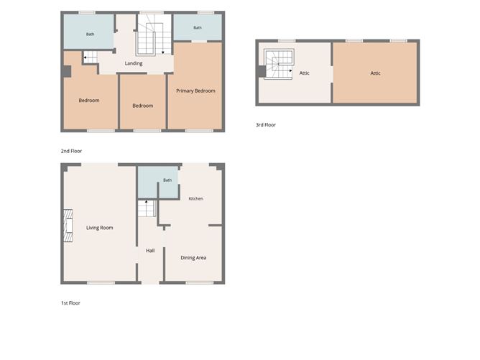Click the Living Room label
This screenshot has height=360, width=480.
click(x=99, y=228)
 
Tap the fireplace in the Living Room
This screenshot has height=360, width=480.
click(x=68, y=226)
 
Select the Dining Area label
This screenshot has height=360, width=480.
click(x=193, y=258)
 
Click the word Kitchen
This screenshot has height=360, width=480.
click(x=196, y=198)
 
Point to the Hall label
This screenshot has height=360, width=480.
click(x=150, y=251)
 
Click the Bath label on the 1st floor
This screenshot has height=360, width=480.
click(x=167, y=180)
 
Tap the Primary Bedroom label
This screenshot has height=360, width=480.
click(x=195, y=91)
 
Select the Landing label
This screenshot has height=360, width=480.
click(x=134, y=63)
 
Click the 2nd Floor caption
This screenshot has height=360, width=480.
click(x=71, y=151)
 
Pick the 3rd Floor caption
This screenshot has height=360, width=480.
click(x=266, y=125)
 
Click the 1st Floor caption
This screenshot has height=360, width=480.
click(x=70, y=303)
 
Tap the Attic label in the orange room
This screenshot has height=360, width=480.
click(x=375, y=73)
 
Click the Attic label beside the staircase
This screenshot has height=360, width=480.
click(x=304, y=73)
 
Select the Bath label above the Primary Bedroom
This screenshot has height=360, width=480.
click(x=198, y=27)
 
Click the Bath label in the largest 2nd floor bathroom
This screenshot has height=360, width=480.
click(x=90, y=34)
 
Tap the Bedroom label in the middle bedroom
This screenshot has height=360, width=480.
click(x=143, y=106)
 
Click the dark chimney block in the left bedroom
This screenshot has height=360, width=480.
click(x=67, y=71)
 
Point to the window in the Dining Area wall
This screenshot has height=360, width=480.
click(x=199, y=282)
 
